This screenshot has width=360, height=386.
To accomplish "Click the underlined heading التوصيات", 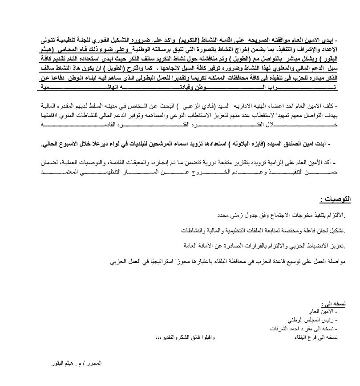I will (x=335, y=199).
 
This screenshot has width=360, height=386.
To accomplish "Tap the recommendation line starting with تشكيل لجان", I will (x=263, y=230).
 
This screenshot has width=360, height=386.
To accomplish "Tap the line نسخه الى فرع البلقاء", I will (x=316, y=337).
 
